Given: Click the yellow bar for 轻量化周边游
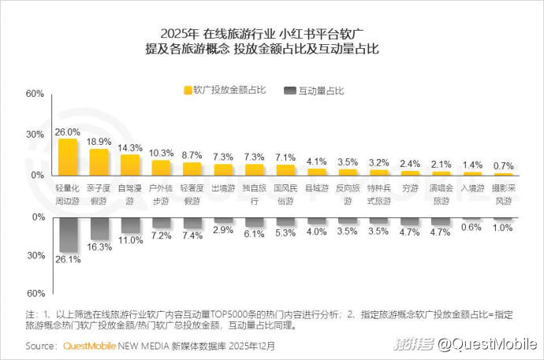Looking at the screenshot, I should coord(68,157).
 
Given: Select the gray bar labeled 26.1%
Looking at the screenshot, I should coord(68,234).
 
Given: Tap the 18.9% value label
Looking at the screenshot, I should coord(99,142).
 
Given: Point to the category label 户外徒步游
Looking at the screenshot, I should coord(161,195).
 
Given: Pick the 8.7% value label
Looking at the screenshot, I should coord(192,154).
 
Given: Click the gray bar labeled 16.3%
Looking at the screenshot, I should coord(99,228).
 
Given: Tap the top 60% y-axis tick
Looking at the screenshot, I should coord(35,94).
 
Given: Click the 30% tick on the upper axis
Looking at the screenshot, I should coord(35,134).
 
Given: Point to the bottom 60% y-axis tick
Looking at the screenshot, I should coord(35,293).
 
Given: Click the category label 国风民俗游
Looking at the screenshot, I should coord(285,195).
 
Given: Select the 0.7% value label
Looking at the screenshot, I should coord(502,166).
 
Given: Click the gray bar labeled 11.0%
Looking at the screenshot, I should coord(129,225).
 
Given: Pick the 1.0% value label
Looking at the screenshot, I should coord(502,228).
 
